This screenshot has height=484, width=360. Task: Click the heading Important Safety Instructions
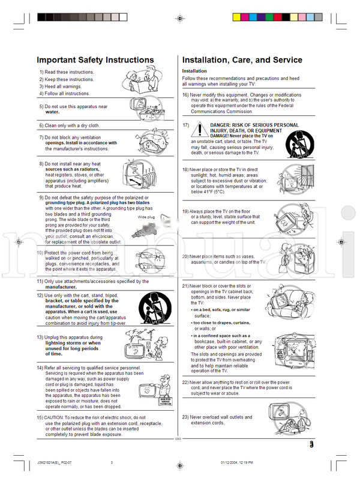click(x=95, y=60)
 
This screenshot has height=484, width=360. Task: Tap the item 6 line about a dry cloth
click(x=69, y=126)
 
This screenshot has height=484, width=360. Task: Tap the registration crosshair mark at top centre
click(x=179, y=19)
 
